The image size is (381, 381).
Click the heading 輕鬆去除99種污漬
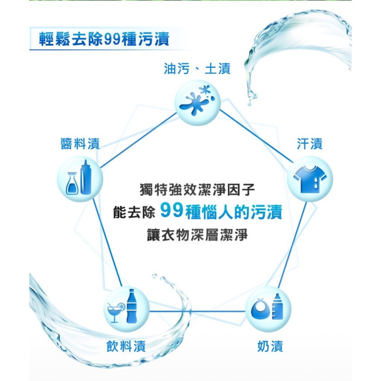[x=104, y=39]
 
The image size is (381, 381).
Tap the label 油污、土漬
[x=197, y=69]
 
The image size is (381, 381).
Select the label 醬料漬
[x=80, y=144]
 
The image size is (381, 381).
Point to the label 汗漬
[x=309, y=144]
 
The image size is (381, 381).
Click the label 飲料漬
[x=126, y=346]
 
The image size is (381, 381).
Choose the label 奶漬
[x=270, y=346]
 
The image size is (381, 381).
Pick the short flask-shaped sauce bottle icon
[x=72, y=183]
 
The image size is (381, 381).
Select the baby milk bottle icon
[x=277, y=306]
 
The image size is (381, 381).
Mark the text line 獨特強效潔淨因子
[x=197, y=190]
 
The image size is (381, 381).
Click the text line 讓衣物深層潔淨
[x=197, y=235]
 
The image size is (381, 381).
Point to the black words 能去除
[x=134, y=211]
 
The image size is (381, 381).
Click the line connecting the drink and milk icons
[x=197, y=311]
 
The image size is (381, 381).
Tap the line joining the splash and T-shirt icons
[x=256, y=136]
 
